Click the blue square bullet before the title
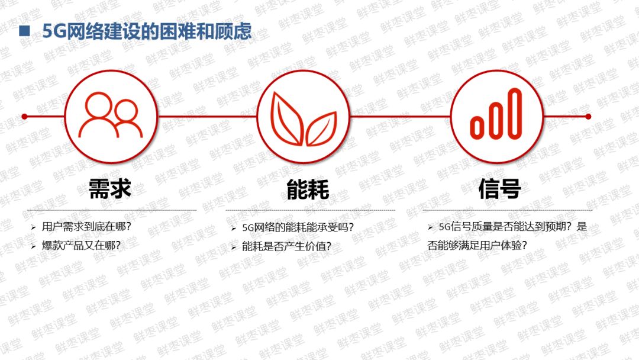[25, 31]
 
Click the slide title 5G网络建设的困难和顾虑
[147, 31]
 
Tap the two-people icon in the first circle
[111, 117]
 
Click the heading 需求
[109, 189]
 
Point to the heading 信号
[499, 189]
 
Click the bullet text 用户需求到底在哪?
[86, 227]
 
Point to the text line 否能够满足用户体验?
[477, 245]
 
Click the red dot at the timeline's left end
[24, 117]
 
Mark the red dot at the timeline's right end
[588, 117]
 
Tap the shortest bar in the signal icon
[477, 126]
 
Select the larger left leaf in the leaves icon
[287, 116]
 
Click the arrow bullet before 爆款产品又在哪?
[34, 245]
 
